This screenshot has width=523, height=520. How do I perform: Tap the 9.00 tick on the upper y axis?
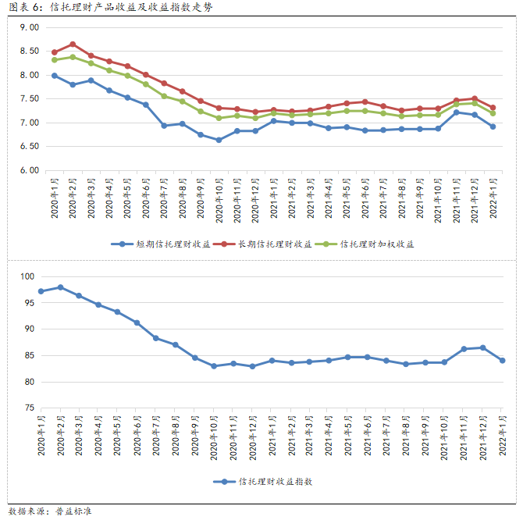30,27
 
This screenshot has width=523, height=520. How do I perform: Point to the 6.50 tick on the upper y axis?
30,146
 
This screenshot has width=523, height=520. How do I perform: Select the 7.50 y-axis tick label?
30,98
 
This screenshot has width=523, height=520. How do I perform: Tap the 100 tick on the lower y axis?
29,276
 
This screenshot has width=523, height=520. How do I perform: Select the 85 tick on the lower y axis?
30,355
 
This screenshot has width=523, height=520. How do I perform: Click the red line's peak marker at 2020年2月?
73,45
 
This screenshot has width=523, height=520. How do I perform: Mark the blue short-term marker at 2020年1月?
54,76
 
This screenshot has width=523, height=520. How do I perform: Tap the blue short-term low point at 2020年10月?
219,140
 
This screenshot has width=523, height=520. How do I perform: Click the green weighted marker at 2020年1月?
54,60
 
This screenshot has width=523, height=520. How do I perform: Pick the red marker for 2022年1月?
493,108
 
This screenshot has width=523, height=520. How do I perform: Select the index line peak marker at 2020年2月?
60,287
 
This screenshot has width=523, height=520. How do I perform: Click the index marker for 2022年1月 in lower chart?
503,361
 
